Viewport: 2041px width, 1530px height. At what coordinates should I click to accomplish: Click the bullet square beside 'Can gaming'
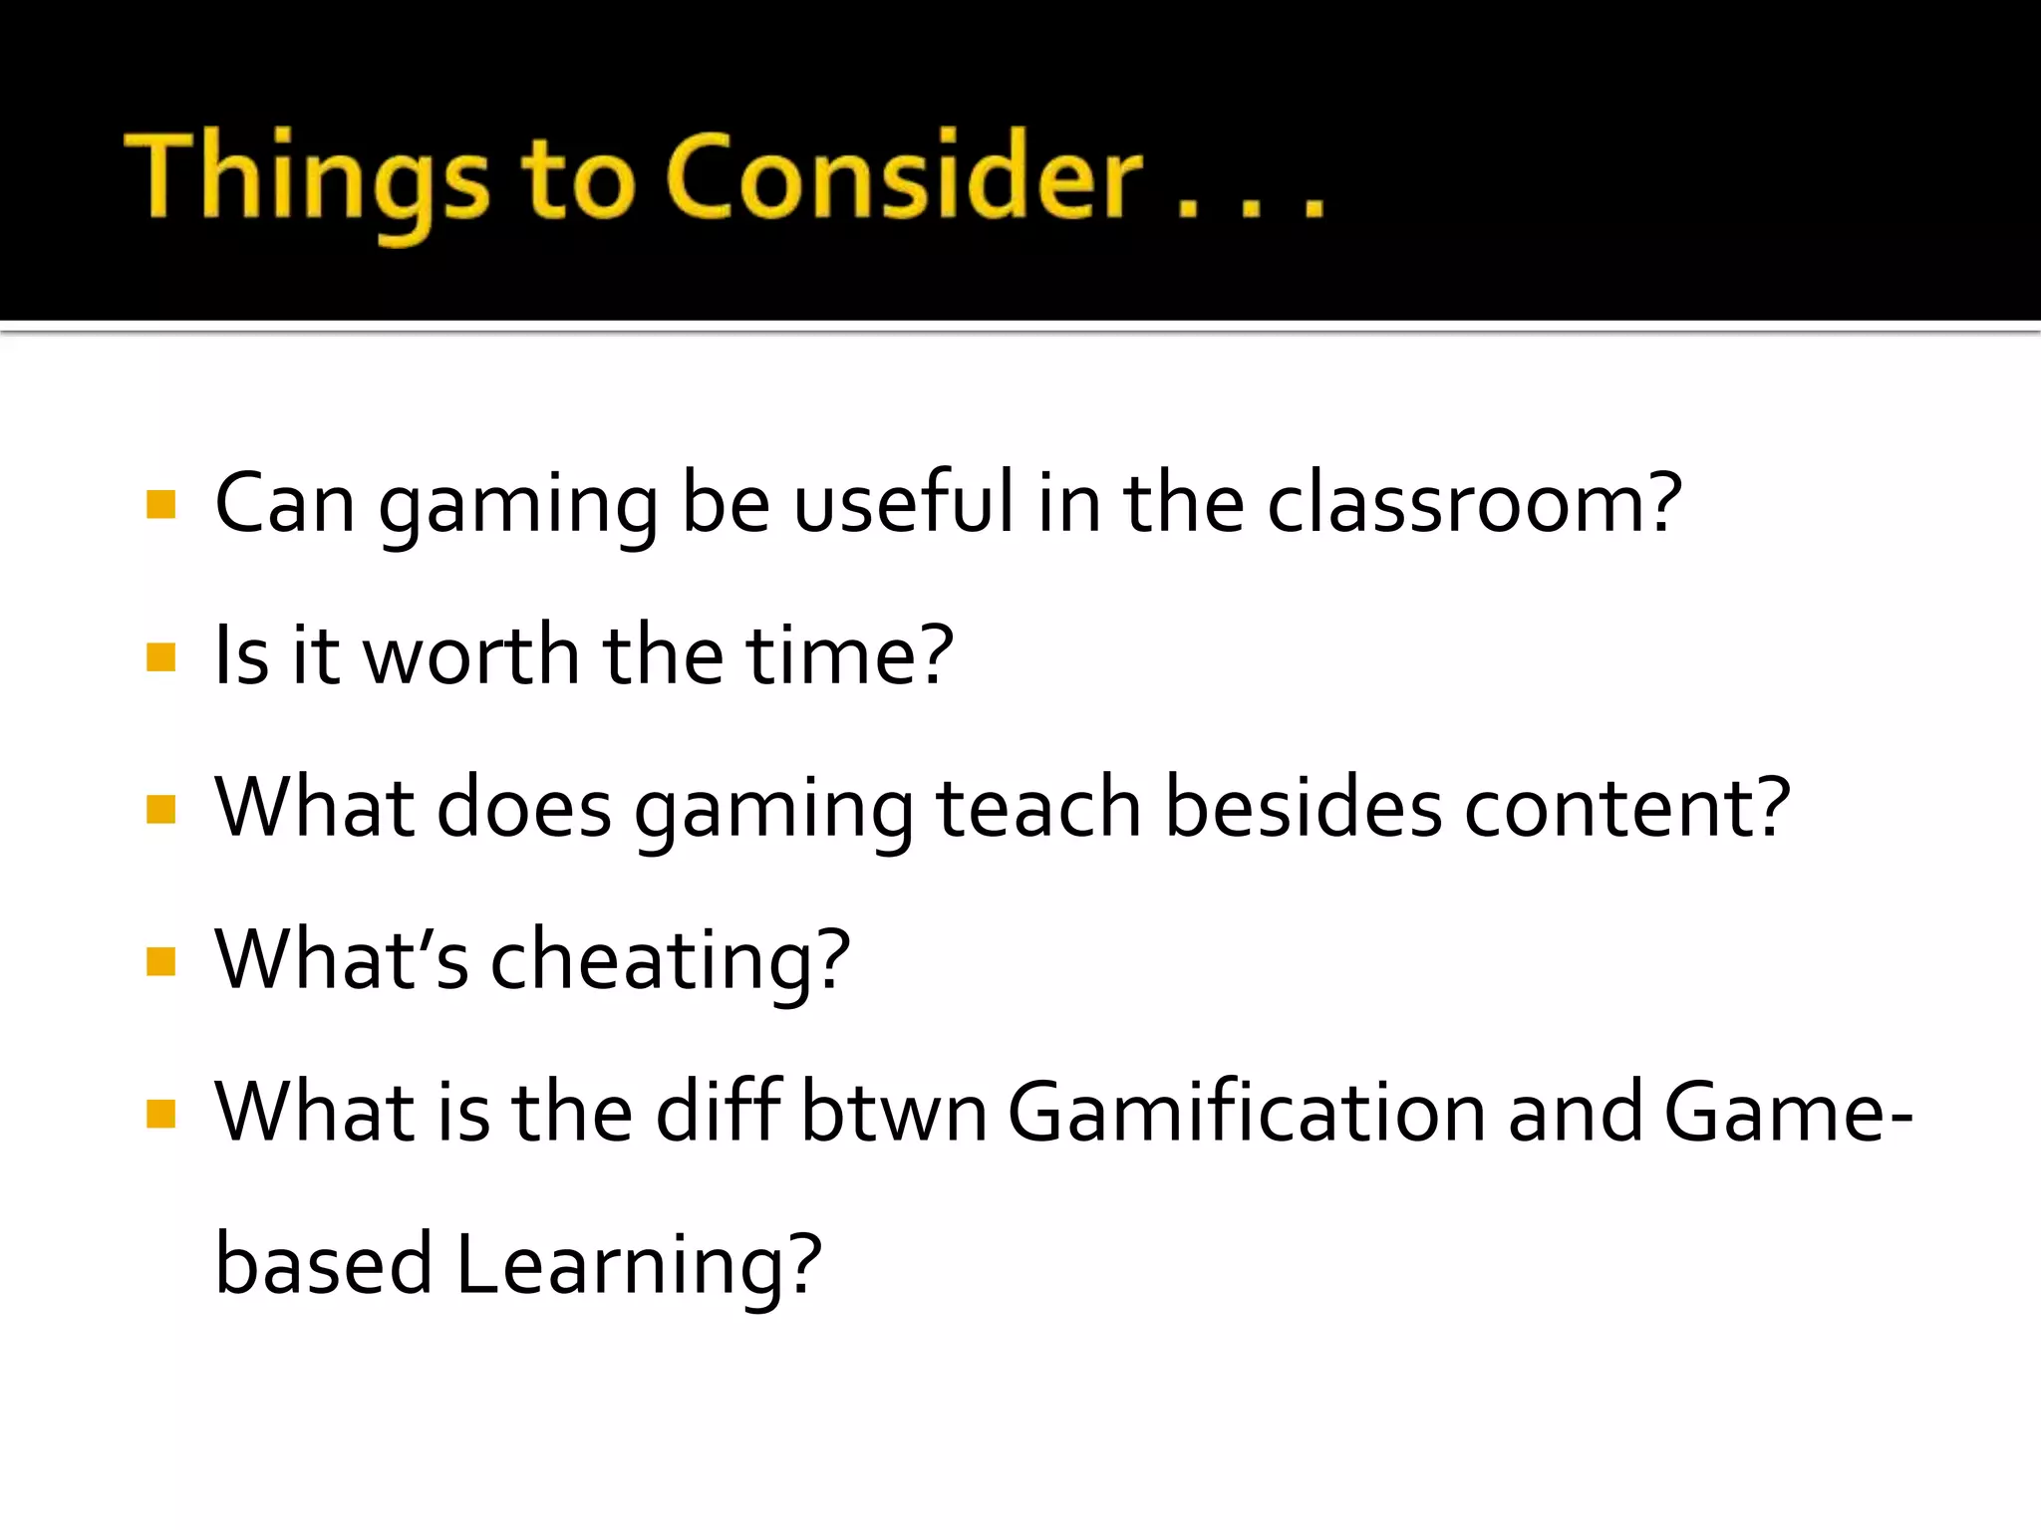(x=160, y=505)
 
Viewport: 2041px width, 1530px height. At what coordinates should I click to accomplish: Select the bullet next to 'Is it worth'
(x=160, y=657)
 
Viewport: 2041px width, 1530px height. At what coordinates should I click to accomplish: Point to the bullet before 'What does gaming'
(x=160, y=810)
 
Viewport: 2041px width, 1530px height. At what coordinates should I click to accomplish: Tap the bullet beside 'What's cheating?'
(x=160, y=962)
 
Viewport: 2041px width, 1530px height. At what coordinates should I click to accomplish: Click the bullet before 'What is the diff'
(x=160, y=1114)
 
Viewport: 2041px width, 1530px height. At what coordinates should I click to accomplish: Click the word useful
(x=903, y=503)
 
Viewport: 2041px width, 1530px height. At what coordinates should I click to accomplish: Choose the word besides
(x=1303, y=808)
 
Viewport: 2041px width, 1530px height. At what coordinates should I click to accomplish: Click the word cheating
(x=669, y=961)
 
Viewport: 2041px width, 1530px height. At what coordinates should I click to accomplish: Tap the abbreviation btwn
(x=893, y=1113)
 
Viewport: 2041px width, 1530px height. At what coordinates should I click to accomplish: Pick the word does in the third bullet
(x=524, y=808)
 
